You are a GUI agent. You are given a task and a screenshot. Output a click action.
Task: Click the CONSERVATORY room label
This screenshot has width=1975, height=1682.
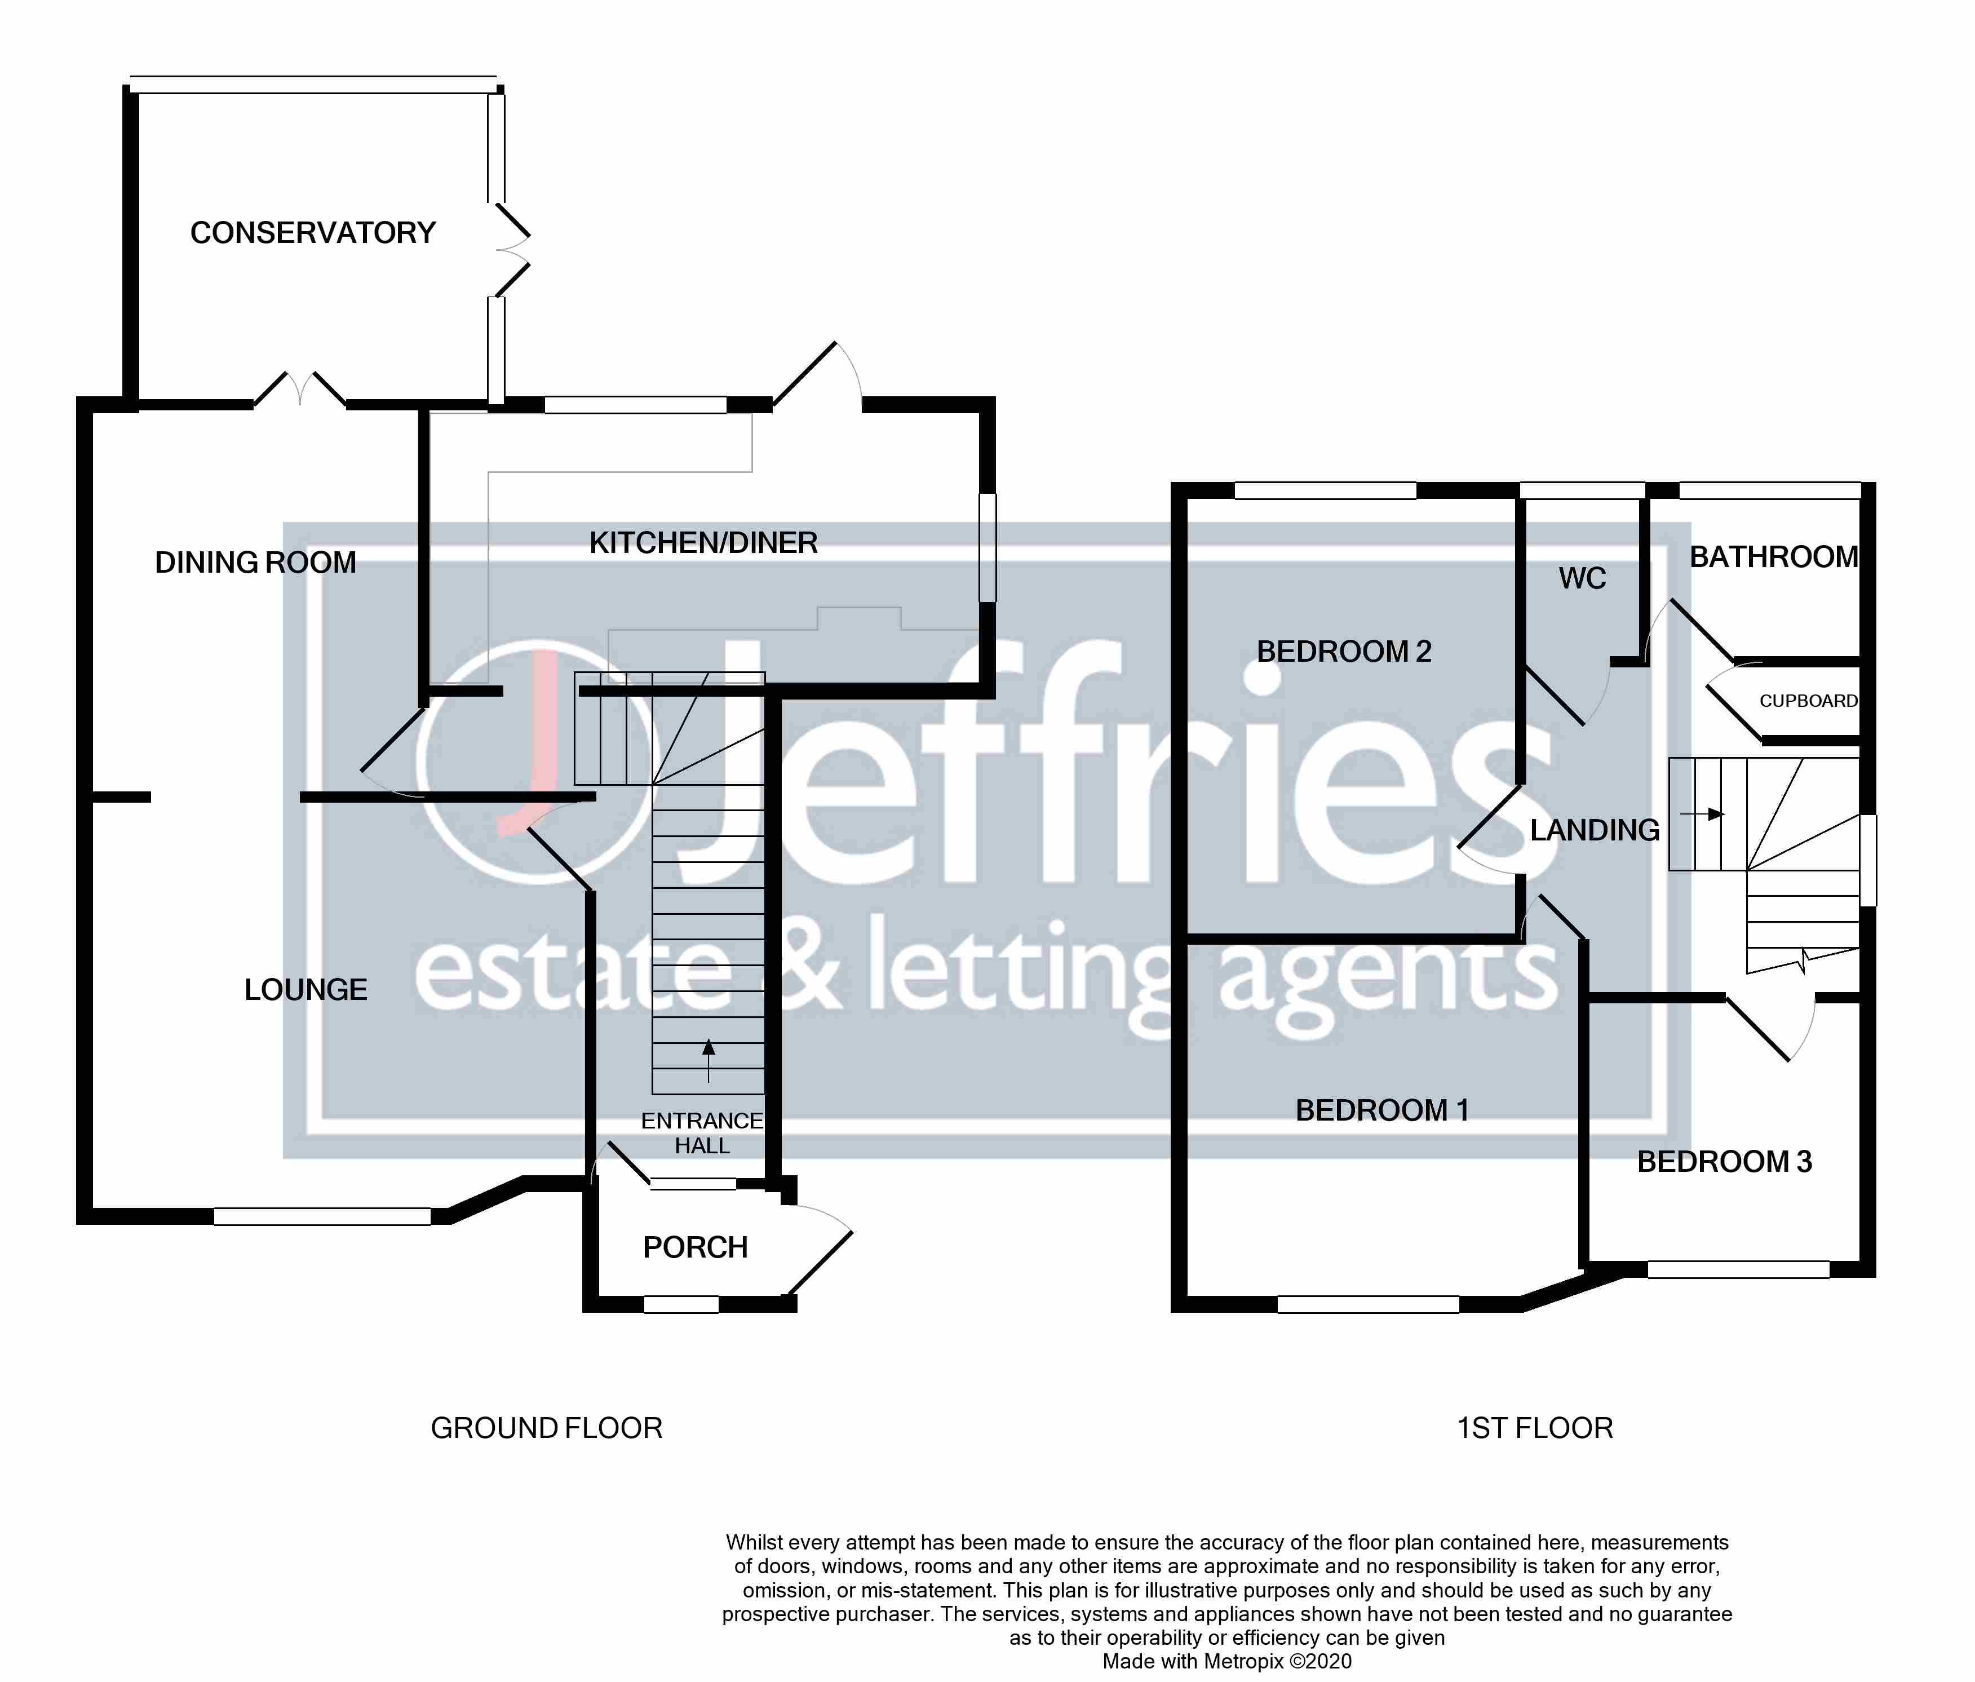pos(313,233)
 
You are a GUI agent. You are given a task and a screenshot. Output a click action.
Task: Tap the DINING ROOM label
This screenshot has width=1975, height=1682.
pos(255,562)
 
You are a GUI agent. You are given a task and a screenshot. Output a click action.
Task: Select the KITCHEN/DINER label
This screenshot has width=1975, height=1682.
pos(703,543)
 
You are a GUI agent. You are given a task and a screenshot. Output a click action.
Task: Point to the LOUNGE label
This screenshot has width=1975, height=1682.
pos(306,990)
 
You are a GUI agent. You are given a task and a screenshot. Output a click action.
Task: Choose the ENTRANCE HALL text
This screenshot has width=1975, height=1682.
pos(702,1133)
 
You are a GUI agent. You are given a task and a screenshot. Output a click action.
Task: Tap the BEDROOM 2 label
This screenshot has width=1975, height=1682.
pos(1344,652)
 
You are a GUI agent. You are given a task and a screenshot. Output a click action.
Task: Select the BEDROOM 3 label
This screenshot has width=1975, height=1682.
pos(1724,1162)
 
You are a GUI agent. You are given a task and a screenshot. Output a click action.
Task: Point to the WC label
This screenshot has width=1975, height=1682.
pos(1582,578)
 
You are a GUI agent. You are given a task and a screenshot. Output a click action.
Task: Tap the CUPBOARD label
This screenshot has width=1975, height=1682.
pos(1808,701)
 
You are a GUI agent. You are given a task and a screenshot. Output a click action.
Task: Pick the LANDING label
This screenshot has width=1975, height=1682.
pos(1595,830)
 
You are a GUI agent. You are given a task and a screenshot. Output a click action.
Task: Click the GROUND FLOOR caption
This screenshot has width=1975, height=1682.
pos(546,1428)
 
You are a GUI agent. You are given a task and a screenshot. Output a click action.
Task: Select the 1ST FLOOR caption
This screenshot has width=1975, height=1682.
pos(1535,1428)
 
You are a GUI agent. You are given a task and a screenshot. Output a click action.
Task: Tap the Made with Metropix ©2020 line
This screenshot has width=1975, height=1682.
pos(1226,1662)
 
